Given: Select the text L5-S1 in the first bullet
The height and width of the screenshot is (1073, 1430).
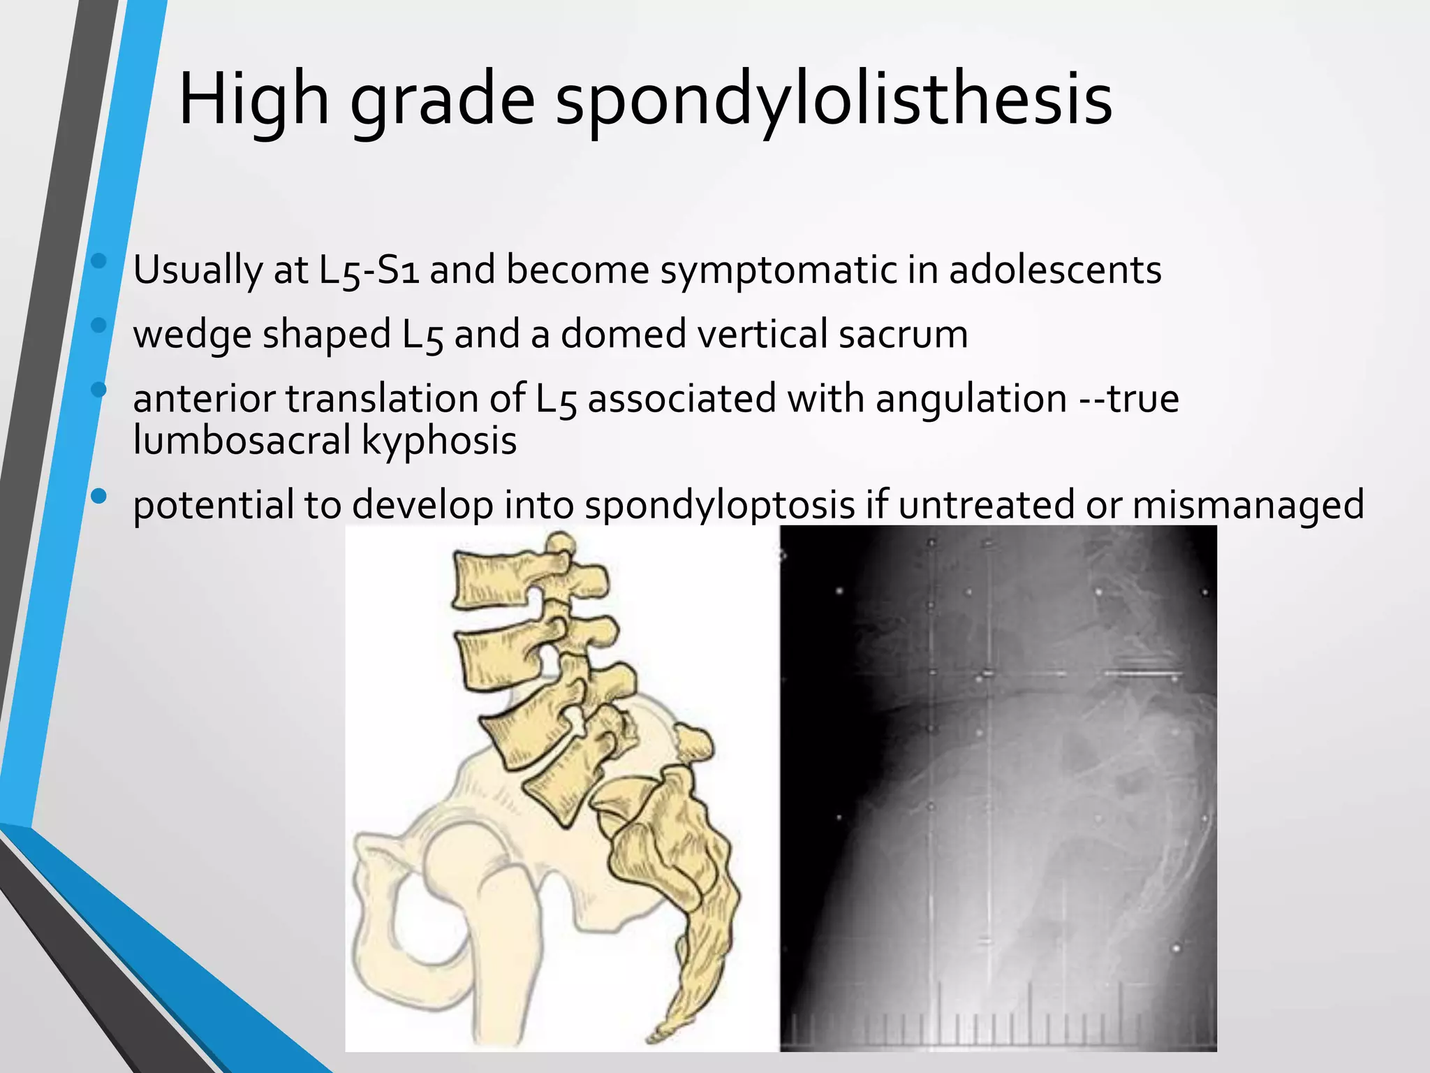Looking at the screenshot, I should [x=369, y=270].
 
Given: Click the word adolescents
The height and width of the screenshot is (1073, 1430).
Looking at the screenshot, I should [x=1055, y=270].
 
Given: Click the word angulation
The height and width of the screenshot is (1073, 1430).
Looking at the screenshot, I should [x=971, y=399].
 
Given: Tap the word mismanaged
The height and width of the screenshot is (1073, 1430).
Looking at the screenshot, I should [x=1248, y=504].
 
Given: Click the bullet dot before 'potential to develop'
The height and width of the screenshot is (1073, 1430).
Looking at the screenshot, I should [x=98, y=497].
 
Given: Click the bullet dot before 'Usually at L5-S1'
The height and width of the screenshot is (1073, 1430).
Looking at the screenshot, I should [x=98, y=261].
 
